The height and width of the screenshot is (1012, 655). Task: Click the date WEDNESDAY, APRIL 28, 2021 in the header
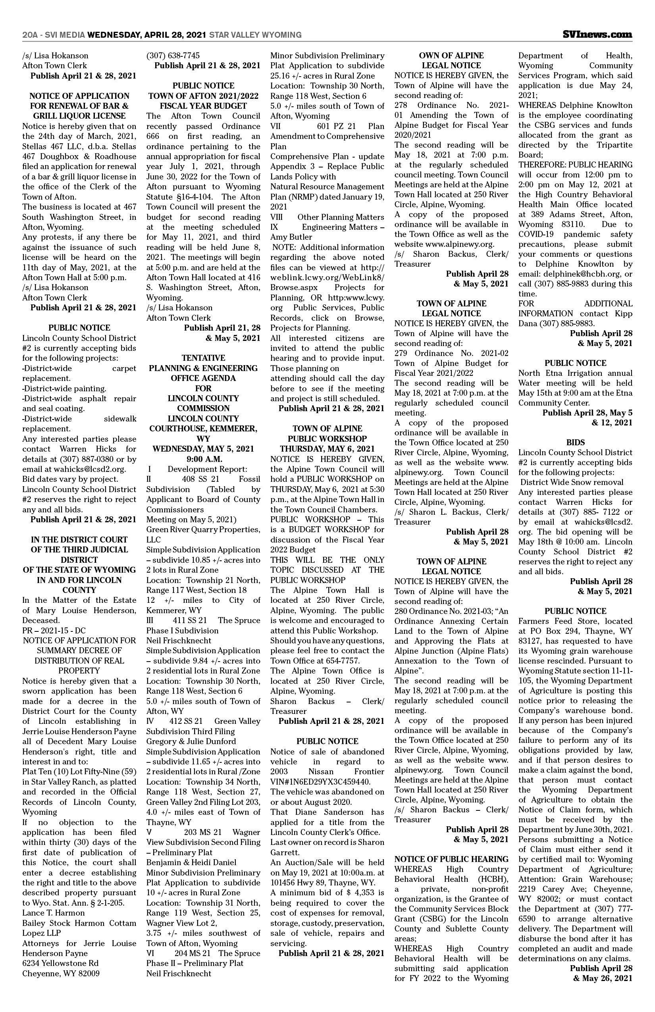click(x=147, y=35)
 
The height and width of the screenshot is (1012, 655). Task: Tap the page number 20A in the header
click(x=29, y=35)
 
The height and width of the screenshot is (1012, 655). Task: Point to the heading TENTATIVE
click(x=203, y=358)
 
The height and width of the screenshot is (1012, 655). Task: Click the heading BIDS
click(x=575, y=442)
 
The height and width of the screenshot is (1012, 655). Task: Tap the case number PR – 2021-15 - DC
click(x=54, y=631)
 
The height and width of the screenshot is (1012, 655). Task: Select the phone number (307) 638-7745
click(x=173, y=55)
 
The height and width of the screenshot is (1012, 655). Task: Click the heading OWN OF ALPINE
click(x=451, y=55)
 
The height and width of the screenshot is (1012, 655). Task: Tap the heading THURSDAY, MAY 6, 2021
click(x=327, y=448)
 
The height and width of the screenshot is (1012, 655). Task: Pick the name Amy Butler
click(x=291, y=237)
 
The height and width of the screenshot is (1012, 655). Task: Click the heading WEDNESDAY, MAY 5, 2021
click(x=203, y=448)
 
